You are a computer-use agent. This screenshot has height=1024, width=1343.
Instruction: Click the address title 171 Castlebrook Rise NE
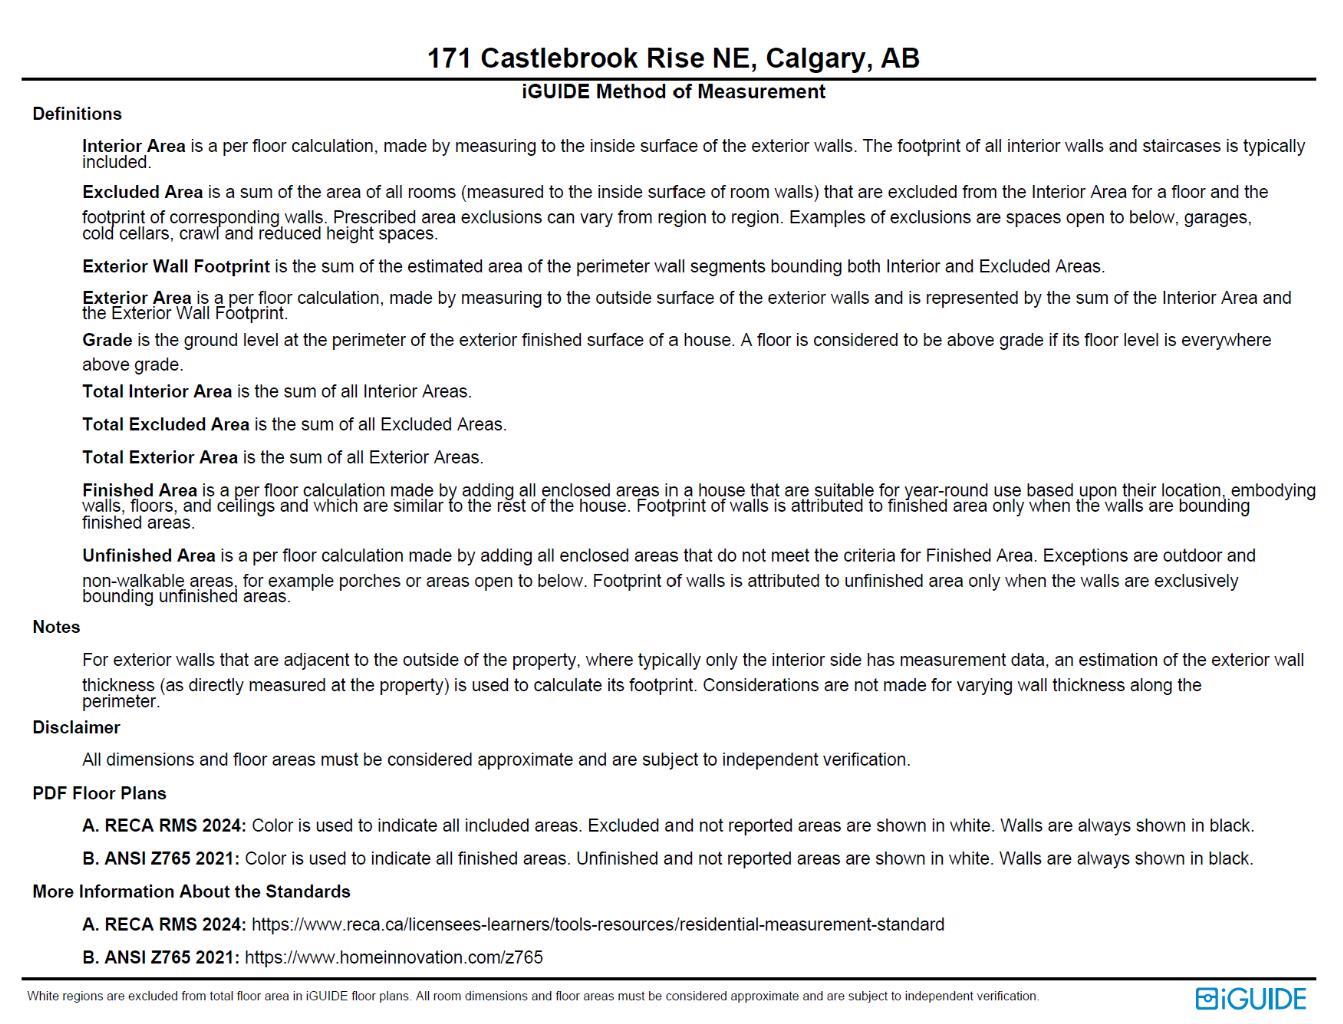pos(672,58)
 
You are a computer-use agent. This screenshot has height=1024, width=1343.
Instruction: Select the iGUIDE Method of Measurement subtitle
pos(673,92)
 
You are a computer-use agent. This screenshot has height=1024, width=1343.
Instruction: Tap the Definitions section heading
pos(77,114)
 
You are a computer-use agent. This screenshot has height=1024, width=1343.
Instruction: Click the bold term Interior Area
pos(134,146)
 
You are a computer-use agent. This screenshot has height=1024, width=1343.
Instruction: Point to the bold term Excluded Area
pos(142,192)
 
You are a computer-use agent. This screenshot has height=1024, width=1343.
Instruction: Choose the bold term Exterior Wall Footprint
pos(176,267)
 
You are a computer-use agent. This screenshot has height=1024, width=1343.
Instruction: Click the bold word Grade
pos(107,340)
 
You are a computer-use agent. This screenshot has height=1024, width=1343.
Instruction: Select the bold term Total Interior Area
pos(157,392)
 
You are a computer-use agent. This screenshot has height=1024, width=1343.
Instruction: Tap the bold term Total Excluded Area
pos(165,425)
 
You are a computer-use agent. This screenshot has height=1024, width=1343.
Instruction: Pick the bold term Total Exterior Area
pos(160,458)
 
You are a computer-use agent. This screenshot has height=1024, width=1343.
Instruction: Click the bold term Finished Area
pos(139,490)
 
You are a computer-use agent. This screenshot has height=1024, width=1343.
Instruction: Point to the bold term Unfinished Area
pos(148,556)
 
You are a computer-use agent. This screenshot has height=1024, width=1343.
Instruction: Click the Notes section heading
pos(56,627)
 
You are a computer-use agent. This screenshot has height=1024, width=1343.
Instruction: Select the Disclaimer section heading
pos(76,728)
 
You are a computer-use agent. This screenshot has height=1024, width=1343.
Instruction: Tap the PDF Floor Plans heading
pos(99,794)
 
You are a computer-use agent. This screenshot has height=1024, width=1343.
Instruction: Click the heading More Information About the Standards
pos(191,892)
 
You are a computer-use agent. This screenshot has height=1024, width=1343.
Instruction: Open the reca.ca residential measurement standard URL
pos(597,925)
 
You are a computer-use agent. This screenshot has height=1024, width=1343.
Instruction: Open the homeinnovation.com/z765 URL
pos(393,958)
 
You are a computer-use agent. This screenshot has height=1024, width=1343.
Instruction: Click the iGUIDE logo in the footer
pos(1250,999)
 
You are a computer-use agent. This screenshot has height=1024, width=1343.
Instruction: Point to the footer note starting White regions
pos(532,996)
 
